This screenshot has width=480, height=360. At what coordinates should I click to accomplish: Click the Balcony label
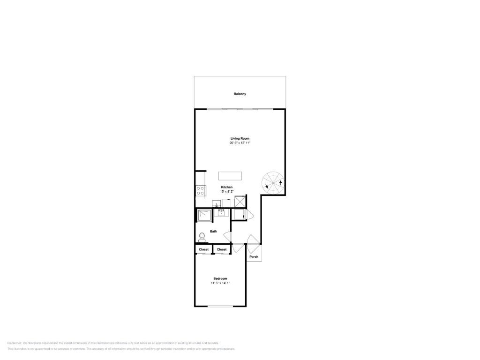pos(240,94)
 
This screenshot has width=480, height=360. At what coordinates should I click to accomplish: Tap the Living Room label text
pos(240,138)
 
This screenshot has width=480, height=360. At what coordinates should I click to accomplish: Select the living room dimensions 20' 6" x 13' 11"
pos(240,143)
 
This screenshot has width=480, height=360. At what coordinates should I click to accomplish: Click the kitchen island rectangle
pos(230,176)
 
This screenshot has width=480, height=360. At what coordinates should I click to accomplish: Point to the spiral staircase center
pos(273,182)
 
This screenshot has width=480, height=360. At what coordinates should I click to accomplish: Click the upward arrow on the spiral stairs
pos(280,182)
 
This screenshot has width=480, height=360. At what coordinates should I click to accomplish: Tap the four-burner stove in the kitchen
pos(200,190)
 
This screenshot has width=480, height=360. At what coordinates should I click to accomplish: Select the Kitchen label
pos(226,187)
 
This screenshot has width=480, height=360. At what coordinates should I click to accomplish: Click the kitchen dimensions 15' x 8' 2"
pos(226,192)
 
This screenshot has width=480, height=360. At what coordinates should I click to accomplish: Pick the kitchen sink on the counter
pos(217,204)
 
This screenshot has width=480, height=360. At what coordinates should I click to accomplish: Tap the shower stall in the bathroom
pos(204,215)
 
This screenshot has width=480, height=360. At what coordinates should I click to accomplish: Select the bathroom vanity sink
pos(221,213)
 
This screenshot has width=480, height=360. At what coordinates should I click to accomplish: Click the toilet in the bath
pos(202,237)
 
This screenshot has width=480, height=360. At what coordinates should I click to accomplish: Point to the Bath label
pos(213,231)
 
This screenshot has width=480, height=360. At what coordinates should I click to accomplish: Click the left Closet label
pos(203,249)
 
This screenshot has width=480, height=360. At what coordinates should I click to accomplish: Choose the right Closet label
pos(222,249)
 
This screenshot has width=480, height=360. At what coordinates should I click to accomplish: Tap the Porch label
pos(254,257)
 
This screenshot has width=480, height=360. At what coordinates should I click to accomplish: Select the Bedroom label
pos(220,278)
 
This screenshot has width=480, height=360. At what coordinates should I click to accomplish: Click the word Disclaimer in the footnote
pos(14,343)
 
